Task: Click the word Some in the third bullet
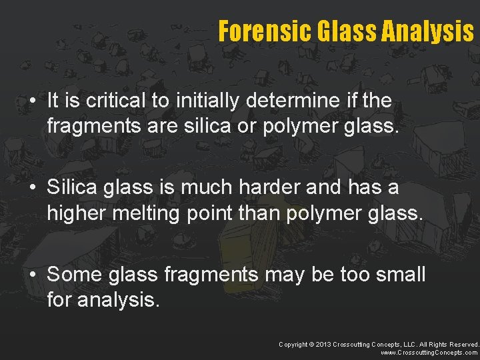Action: (x=70, y=274)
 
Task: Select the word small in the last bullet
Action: (x=398, y=274)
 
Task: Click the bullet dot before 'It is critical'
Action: (x=33, y=102)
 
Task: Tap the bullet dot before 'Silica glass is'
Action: (x=33, y=188)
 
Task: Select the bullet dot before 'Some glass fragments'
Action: (x=33, y=275)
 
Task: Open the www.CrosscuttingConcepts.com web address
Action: (x=429, y=352)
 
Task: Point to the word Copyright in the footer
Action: (x=293, y=344)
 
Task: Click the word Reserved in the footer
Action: (x=459, y=344)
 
